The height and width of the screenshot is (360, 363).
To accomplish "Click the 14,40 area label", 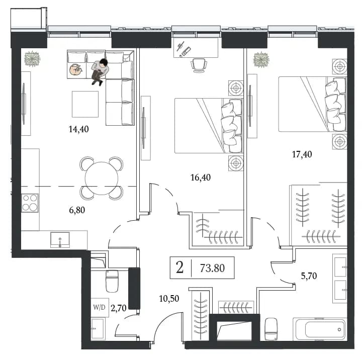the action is coord(79,129).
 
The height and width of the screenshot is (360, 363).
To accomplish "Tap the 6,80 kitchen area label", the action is coord(77,210).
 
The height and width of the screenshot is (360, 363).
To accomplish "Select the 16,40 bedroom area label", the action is coord(201,177).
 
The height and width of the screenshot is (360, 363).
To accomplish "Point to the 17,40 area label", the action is coord(302,154).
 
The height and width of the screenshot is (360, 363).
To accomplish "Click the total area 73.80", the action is coord(212,268).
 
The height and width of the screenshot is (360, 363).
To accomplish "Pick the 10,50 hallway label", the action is coord(169,299).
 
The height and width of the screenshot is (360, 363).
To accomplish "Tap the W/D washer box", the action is coord(100,307).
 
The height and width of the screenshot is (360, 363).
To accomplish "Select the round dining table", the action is coord(102,178).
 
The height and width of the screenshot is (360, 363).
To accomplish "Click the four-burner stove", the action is coord(30,203).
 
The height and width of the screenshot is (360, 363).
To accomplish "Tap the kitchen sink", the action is coord(60,240).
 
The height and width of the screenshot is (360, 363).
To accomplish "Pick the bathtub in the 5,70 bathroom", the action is coord(320,329).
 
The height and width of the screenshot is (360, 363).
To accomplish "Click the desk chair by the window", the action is coord(199,65).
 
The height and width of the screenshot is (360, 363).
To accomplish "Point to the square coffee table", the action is coord(85,104).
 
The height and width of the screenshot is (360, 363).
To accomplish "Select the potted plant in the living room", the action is coord(32,59).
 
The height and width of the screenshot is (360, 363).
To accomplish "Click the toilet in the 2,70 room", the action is coord(112,281).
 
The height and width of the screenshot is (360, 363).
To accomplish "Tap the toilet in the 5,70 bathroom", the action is coord(271,329).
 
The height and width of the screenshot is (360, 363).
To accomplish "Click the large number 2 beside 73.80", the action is coord(179,267).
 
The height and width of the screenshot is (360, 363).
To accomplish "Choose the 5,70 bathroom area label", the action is coord(309,276).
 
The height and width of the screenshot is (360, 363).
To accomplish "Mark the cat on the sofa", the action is coord(75,69).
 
